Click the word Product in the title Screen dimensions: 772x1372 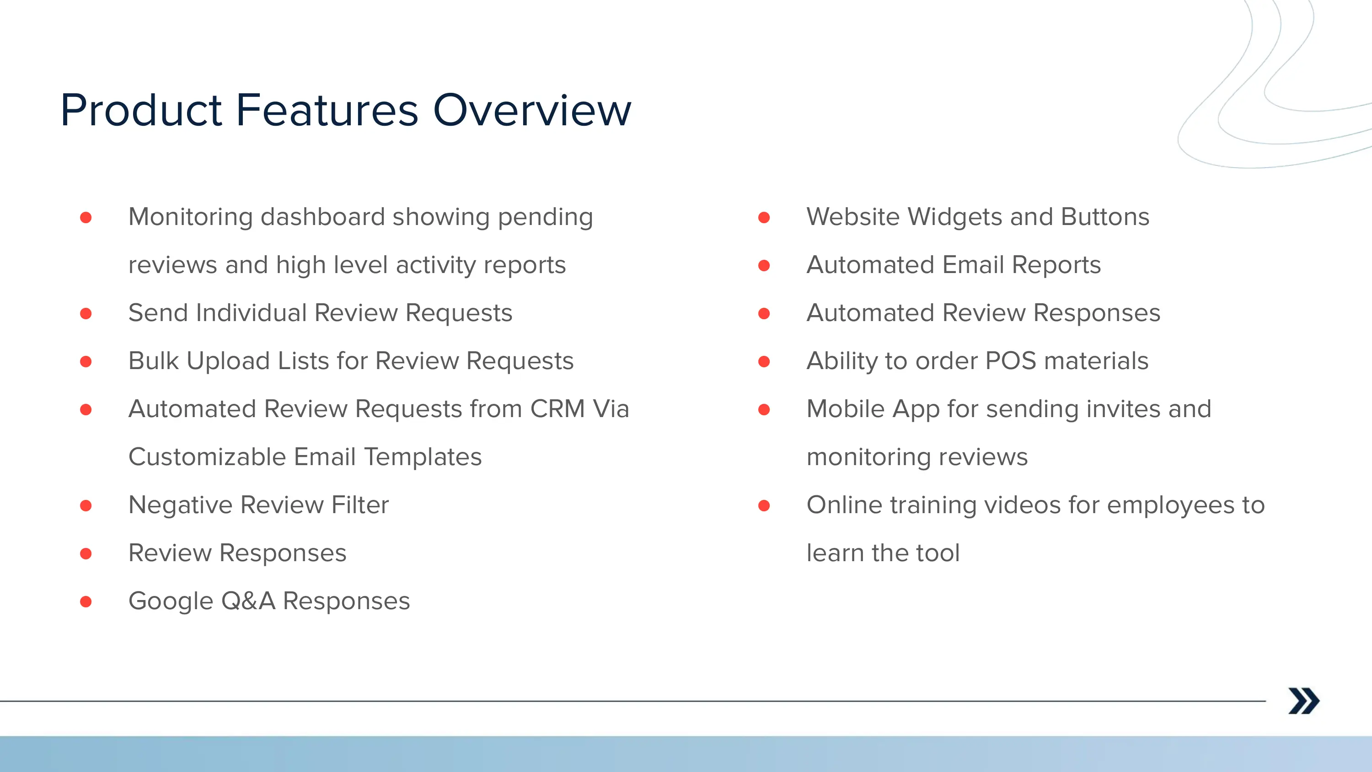141,110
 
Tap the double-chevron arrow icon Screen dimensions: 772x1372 1303,701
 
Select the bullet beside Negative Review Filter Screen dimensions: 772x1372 86,506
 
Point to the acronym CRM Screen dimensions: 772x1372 557,409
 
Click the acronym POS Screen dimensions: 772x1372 1010,361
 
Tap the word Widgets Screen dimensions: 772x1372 955,217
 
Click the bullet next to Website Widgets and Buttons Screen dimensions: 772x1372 764,217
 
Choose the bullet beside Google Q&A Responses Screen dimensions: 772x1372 86,601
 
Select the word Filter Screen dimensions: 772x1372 360,505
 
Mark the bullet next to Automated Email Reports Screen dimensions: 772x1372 764,265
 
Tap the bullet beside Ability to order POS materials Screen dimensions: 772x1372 764,362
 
